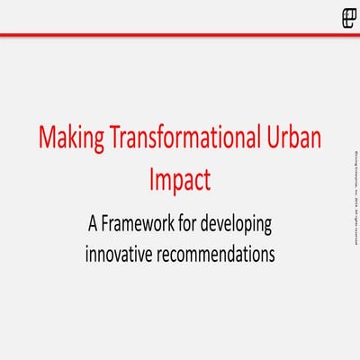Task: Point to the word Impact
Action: pos(180,179)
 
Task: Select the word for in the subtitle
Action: pos(191,222)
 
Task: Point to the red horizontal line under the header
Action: pos(180,35)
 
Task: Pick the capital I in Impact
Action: pos(151,178)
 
